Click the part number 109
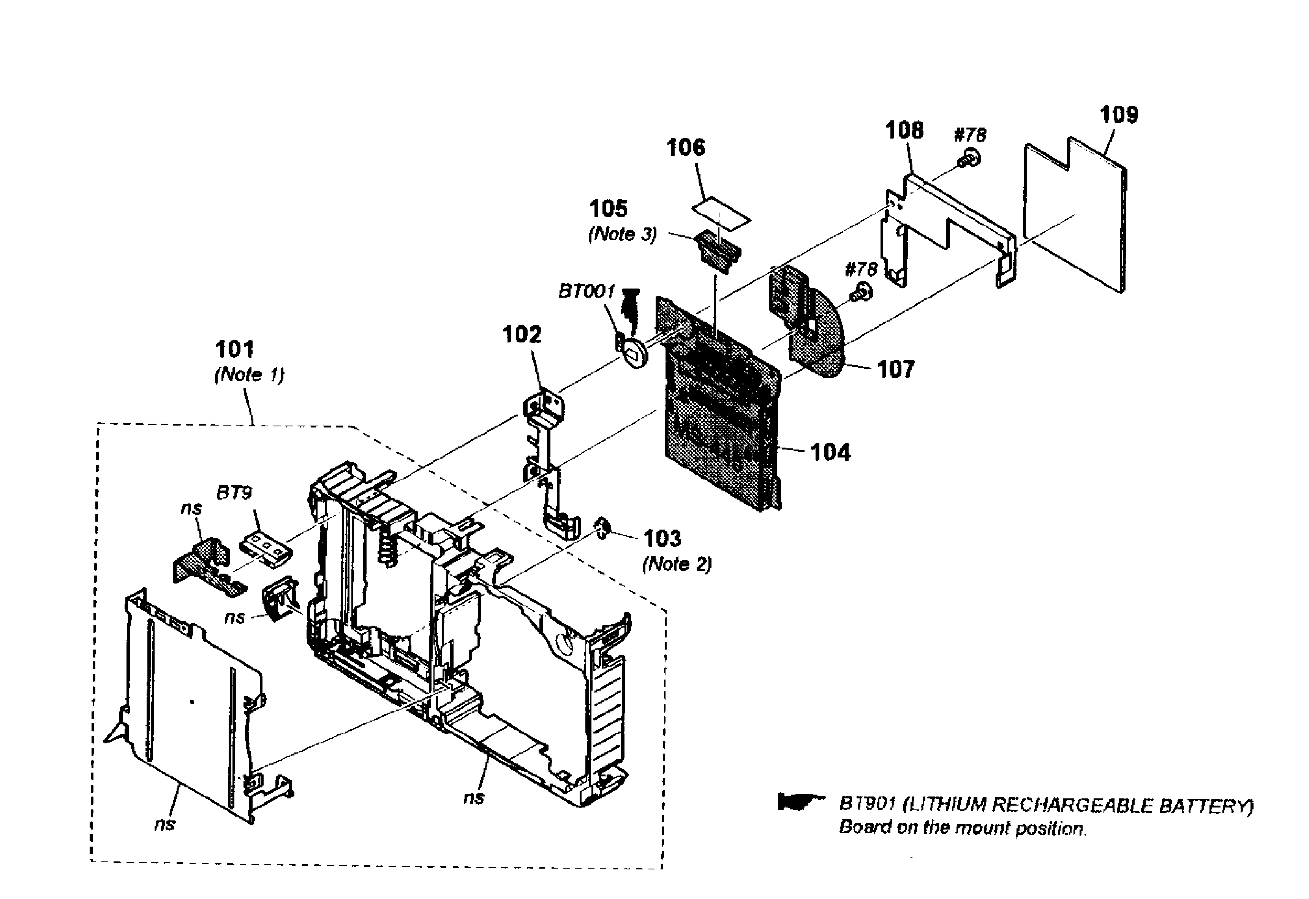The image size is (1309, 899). (x=1119, y=115)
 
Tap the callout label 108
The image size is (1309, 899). (x=904, y=131)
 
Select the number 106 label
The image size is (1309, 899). (x=685, y=148)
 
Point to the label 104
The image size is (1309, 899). (x=830, y=452)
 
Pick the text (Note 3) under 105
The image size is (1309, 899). (x=622, y=234)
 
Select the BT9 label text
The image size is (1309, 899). (x=234, y=493)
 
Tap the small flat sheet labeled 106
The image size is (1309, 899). (x=721, y=214)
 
